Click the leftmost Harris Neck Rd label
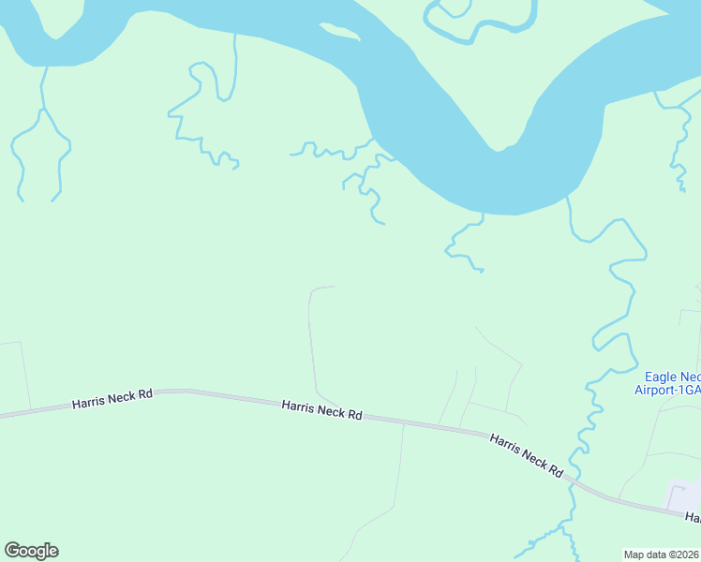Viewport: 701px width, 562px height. click(112, 400)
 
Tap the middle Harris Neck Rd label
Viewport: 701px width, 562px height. click(321, 408)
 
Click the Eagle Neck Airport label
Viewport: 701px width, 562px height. click(667, 382)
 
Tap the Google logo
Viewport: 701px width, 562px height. click(31, 551)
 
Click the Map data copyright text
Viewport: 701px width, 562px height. click(662, 554)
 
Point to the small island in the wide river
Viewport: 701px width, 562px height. click(338, 34)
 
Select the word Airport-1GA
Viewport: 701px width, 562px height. click(667, 390)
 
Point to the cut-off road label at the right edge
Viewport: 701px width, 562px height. click(693, 517)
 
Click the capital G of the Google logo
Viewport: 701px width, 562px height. click(12, 551)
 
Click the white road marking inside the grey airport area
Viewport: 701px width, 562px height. click(682, 491)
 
